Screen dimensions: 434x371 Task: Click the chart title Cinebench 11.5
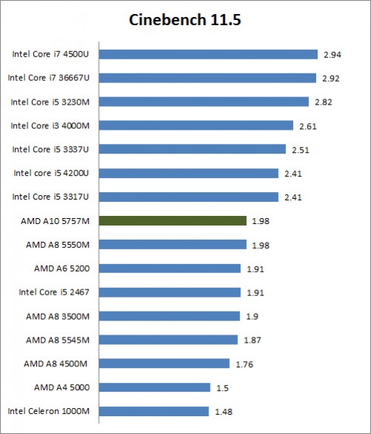185,20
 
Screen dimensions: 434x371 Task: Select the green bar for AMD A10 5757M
172,220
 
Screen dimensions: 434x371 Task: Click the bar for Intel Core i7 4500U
208,54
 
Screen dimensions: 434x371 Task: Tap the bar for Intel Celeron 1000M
154,411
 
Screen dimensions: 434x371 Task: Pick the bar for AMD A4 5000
154,387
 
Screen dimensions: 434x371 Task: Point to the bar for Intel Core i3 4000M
196,125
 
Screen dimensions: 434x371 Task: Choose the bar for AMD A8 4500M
164,364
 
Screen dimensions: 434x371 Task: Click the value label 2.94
331,54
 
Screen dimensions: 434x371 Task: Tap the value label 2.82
322,102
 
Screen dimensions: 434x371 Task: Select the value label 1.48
223,412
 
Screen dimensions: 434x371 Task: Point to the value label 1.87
251,340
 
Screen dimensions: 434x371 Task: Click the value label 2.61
307,126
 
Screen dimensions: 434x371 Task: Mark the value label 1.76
243,364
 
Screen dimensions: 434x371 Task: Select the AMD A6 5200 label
62,268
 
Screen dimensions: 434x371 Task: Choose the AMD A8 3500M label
58,315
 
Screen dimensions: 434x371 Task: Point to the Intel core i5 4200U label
51,173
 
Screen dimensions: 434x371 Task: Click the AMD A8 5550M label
58,244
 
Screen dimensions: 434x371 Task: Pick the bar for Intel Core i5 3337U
192,149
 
